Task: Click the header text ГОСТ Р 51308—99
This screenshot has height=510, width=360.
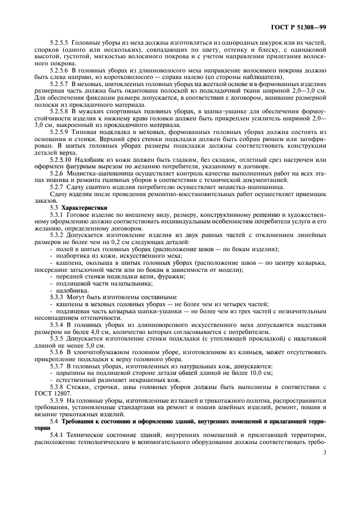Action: pos(297,27)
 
